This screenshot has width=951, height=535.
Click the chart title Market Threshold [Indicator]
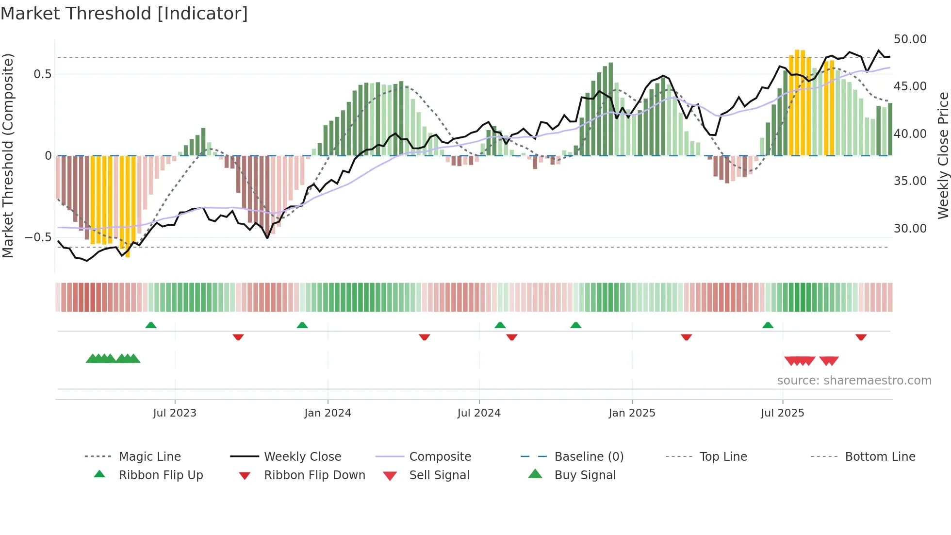pos(124,14)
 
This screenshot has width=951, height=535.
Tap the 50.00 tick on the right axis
pos(910,39)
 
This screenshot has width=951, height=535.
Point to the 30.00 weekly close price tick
pos(910,229)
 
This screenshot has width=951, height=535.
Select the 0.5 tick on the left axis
pos(42,74)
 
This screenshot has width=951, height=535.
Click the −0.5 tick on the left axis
pos(38,237)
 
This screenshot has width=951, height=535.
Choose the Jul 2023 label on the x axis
pos(175,413)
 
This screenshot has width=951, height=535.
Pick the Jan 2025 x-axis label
pos(632,413)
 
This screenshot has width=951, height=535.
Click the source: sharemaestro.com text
pos(854,381)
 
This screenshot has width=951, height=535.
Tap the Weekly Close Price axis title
pos(943,155)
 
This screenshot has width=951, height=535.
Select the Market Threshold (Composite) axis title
pos(8,155)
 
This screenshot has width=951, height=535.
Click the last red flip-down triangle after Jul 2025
pos(861,337)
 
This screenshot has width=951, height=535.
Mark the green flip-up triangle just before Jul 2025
pos(768,325)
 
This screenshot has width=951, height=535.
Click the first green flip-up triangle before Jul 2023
pos(151,325)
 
